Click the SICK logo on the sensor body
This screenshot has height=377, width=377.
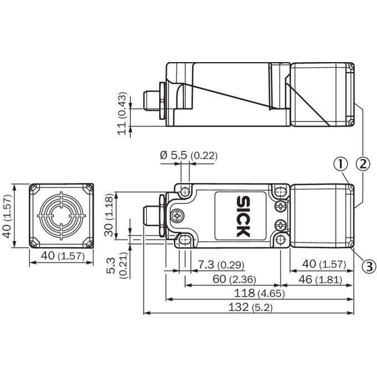point(243,216)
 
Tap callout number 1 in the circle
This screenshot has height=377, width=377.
point(340,165)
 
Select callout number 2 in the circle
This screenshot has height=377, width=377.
point(363,165)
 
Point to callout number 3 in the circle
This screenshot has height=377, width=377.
point(369,267)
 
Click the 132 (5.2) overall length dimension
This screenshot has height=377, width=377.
point(250,307)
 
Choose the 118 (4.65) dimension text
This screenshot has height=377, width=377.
point(259,293)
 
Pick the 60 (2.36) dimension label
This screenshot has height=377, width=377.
point(235,279)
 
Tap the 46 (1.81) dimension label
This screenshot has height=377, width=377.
point(320,279)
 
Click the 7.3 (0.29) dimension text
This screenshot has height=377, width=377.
point(221,264)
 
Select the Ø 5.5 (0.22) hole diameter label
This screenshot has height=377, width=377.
point(188,156)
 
